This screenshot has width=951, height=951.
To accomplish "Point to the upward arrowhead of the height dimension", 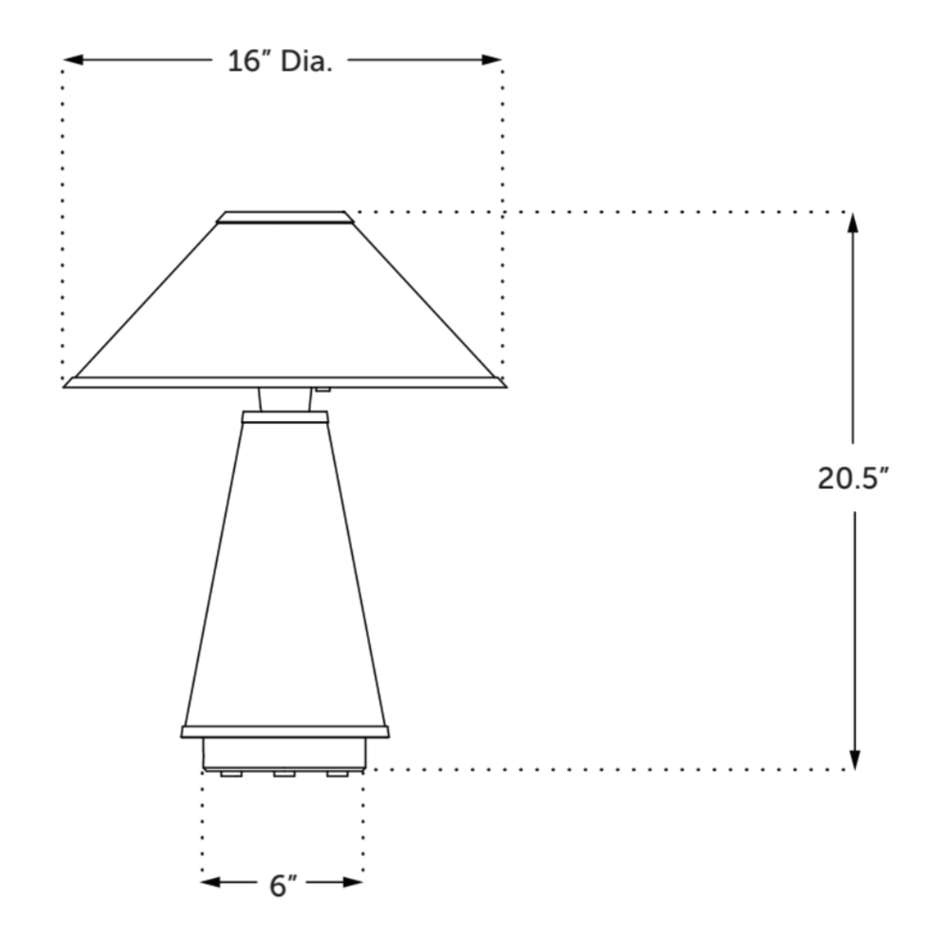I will (853, 223).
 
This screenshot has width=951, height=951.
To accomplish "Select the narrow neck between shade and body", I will (285, 399).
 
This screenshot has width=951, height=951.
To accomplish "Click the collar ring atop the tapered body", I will (285, 417).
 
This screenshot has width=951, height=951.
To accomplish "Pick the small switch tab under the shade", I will (323, 389).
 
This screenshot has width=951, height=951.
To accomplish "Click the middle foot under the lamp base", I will (284, 774).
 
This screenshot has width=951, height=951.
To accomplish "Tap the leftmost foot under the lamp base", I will (232, 774).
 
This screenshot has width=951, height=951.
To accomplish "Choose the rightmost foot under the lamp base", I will (337, 774).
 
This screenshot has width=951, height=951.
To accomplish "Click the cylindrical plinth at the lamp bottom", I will (284, 754).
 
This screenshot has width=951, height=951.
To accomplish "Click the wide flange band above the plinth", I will (285, 732).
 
